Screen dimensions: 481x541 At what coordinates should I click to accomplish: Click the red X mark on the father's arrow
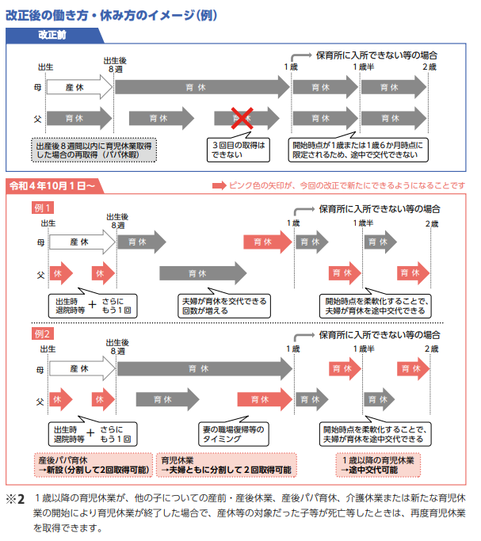[242, 118]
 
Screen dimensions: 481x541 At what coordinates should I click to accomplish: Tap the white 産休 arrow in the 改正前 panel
[79, 87]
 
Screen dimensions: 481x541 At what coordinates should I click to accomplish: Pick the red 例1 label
[43, 208]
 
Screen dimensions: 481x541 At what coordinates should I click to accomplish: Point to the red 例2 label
[43, 334]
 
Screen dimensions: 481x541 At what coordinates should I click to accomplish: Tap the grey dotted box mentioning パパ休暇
[94, 150]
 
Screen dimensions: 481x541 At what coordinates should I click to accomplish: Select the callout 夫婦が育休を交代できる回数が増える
[224, 304]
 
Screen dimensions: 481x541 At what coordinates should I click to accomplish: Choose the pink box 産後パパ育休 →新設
[94, 465]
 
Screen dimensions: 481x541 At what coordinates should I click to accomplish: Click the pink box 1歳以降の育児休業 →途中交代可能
[378, 465]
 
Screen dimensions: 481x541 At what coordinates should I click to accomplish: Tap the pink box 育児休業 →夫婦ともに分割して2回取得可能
[227, 465]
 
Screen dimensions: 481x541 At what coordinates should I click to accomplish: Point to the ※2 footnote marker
[16, 499]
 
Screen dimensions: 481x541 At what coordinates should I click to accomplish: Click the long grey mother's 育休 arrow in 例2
[205, 369]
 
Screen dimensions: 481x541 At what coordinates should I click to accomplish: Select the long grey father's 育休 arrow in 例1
[203, 273]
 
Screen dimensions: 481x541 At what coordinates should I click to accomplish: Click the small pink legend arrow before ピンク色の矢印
[220, 186]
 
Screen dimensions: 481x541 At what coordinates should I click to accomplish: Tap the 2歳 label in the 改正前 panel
[429, 67]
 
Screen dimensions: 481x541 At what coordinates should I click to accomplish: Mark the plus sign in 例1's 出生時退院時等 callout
[92, 305]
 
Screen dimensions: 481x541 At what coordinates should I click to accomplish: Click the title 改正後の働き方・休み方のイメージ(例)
[112, 16]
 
